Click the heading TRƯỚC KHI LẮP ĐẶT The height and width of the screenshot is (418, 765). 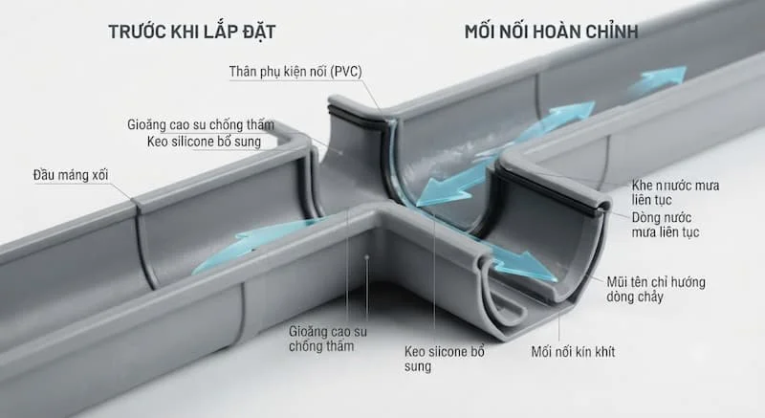(192, 32)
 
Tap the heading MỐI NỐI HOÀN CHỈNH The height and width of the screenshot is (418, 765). (552, 32)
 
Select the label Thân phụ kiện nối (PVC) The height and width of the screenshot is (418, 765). (295, 72)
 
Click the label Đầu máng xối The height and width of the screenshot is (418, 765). (71, 175)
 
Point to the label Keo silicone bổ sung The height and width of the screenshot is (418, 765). (204, 142)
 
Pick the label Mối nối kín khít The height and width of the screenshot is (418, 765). (573, 352)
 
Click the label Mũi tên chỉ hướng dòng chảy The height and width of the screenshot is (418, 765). (656, 289)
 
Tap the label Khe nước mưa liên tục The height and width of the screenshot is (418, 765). (675, 192)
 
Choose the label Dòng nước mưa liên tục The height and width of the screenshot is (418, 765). (666, 225)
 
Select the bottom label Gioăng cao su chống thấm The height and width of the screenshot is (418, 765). (327, 339)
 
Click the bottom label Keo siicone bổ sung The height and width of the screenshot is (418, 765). (444, 359)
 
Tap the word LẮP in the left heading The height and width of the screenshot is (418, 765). (217, 32)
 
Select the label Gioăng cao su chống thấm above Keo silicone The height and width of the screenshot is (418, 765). (201, 125)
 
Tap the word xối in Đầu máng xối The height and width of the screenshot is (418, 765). (99, 175)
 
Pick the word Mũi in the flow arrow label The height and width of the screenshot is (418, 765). (617, 282)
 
